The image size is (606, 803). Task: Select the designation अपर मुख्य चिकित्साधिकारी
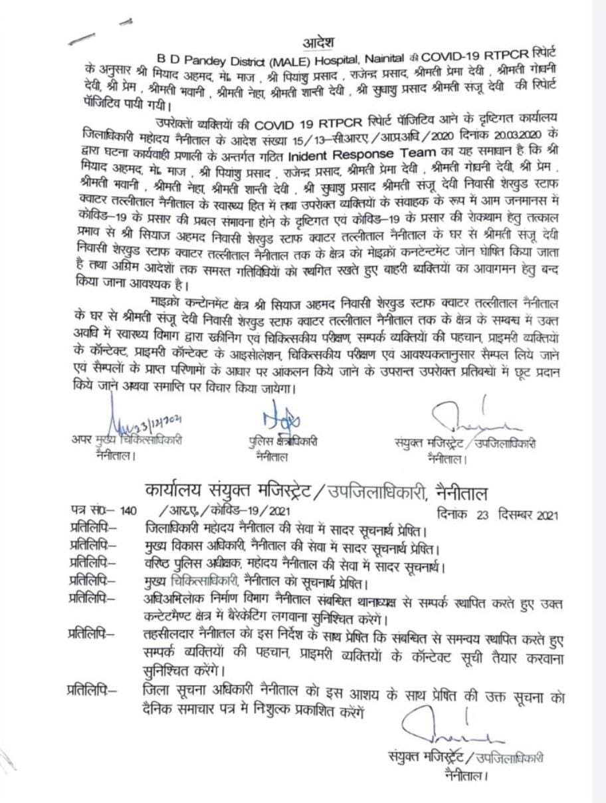(127, 441)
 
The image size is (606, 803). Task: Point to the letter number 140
(128, 512)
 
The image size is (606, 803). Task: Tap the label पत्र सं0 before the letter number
(89, 512)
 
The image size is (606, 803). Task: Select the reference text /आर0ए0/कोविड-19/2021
(225, 512)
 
